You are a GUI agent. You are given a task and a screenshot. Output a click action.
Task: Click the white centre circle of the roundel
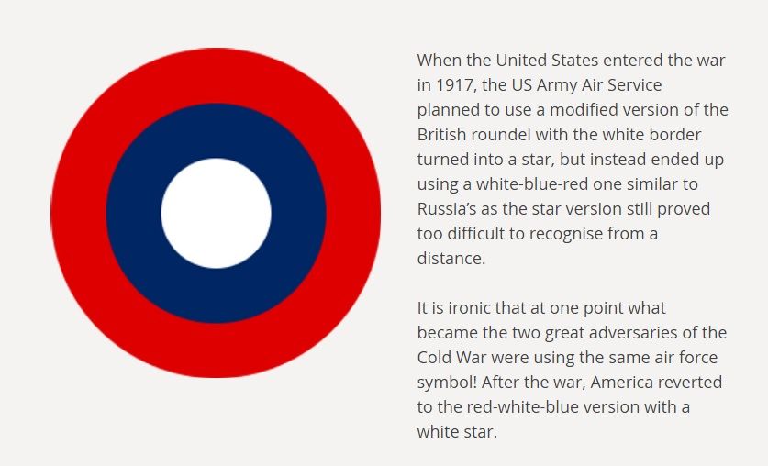(x=216, y=213)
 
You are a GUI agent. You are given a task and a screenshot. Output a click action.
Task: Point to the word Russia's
(x=450, y=209)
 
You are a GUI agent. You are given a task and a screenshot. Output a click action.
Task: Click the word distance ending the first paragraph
(x=450, y=259)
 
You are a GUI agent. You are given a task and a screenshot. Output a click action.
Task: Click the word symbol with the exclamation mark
(x=450, y=382)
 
